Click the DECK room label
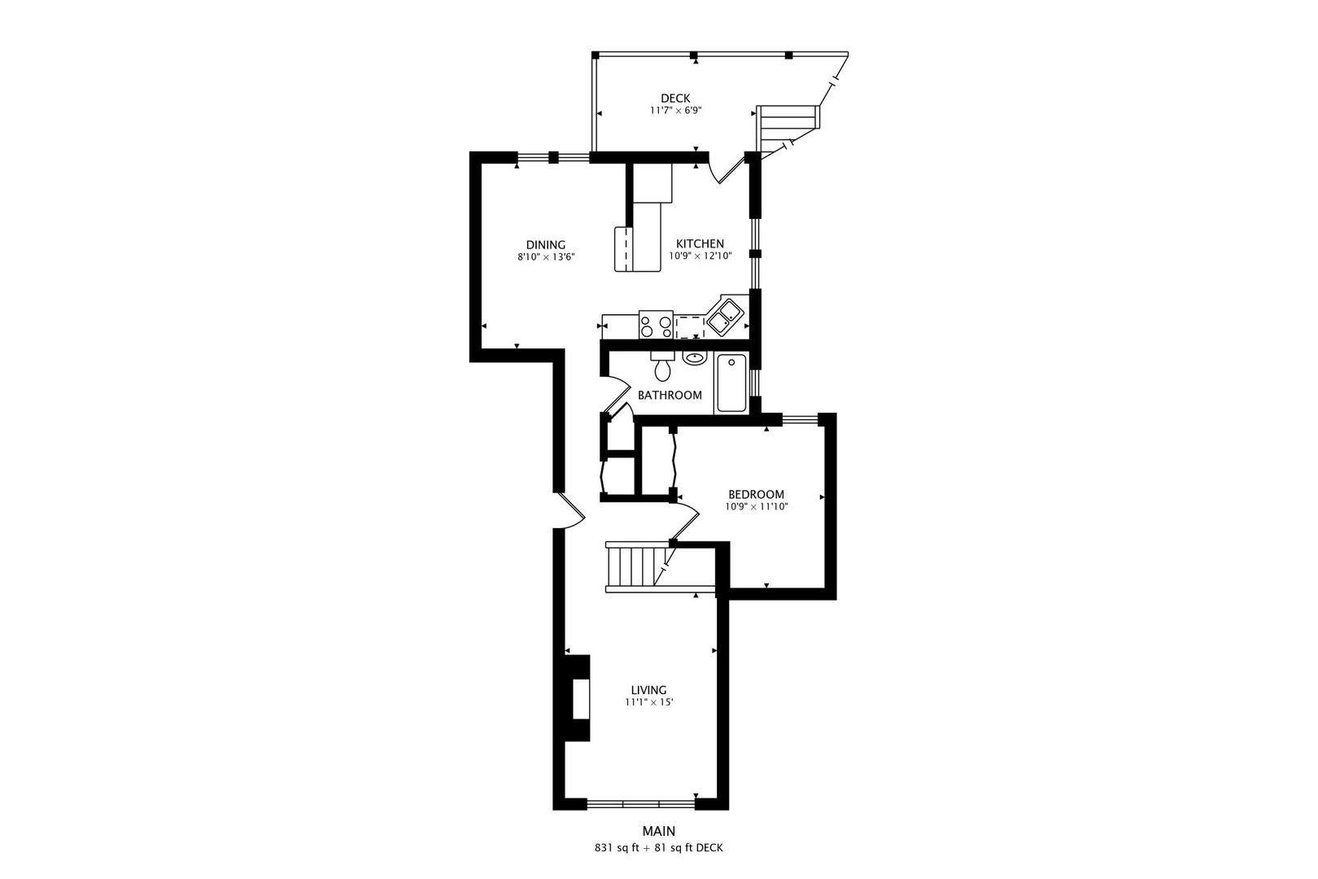pyautogui.click(x=674, y=98)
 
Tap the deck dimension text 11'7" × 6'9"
pyautogui.click(x=674, y=111)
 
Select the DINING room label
pyautogui.click(x=545, y=245)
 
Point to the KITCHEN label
pyautogui.click(x=700, y=244)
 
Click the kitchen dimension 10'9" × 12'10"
pyautogui.click(x=700, y=256)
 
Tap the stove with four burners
pyautogui.click(x=656, y=325)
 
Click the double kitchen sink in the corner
pyautogui.click(x=723, y=316)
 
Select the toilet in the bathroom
pyautogui.click(x=663, y=368)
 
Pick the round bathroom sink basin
pyautogui.click(x=694, y=357)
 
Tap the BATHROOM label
pyautogui.click(x=670, y=396)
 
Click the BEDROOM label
pyautogui.click(x=756, y=495)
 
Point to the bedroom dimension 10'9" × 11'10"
pyautogui.click(x=756, y=506)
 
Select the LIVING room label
pyautogui.click(x=648, y=690)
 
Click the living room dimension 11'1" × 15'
pyautogui.click(x=648, y=702)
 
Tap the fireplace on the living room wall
pyautogui.click(x=577, y=698)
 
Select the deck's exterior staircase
pyautogui.click(x=788, y=124)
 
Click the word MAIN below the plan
pyautogui.click(x=658, y=831)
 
